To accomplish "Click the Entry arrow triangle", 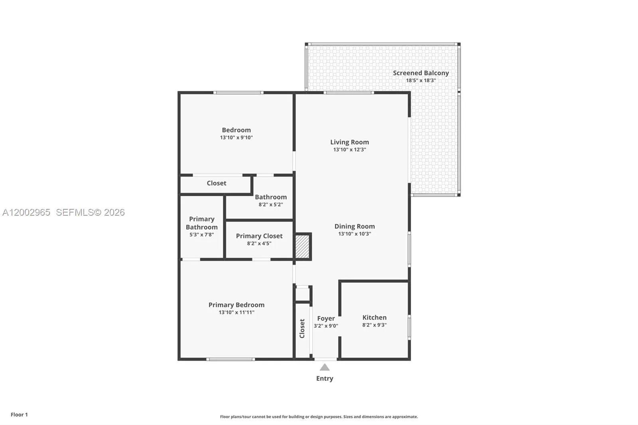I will tap(325, 368).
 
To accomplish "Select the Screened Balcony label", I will tap(421, 73).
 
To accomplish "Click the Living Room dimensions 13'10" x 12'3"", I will tap(349, 150).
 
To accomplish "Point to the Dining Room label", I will tap(354, 226).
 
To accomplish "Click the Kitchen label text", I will tap(374, 317).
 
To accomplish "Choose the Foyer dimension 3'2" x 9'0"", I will tap(326, 326).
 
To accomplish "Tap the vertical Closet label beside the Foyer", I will tap(302, 329).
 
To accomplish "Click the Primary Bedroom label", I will tap(236, 305).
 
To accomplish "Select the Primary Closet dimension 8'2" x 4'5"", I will tap(259, 244).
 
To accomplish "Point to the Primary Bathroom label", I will tap(201, 223).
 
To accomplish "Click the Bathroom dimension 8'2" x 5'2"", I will tap(270, 205).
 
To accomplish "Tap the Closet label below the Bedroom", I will tap(216, 183).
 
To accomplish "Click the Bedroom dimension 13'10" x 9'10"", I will tap(236, 138).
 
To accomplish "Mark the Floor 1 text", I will tap(19, 415).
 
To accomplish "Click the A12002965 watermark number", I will tap(26, 212).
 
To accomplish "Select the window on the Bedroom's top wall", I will tap(238, 92).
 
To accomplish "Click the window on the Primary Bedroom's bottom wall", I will tap(230, 359).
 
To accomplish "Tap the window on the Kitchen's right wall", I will tap(409, 327).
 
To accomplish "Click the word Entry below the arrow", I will tap(325, 378).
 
